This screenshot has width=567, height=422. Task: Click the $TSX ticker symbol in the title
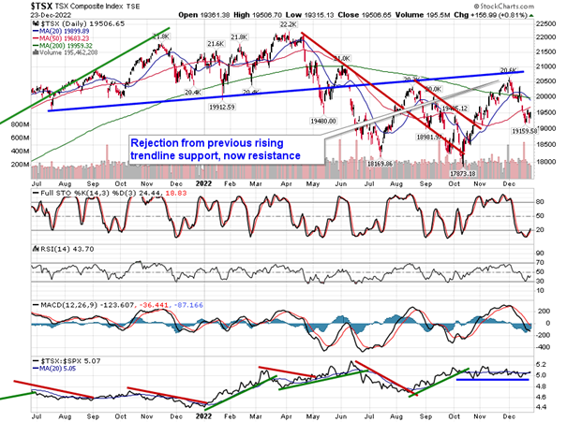click(16, 6)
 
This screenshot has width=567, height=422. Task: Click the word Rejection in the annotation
click(154, 143)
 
